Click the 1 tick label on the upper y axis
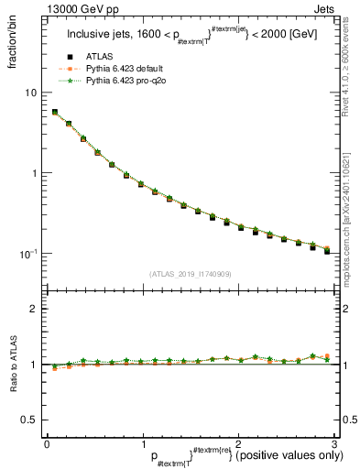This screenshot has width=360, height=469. coord(35,173)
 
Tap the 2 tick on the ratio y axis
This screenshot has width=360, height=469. coord(35,310)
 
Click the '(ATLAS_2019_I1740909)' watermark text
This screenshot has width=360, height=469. coord(189,273)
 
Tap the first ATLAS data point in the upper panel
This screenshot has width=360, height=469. coord(55,113)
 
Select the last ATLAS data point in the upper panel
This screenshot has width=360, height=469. coord(327,250)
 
